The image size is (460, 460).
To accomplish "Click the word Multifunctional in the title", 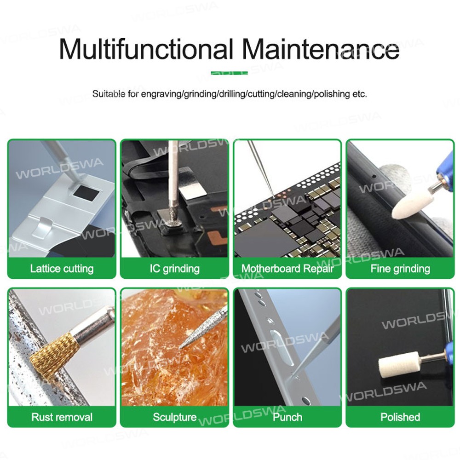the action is [146, 49].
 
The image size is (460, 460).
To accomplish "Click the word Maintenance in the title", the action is [321, 49].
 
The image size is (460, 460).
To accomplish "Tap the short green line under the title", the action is [229, 73].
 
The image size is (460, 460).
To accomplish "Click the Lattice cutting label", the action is [62, 269].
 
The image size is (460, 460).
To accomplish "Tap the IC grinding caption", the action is [174, 269].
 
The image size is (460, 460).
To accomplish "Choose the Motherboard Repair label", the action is [287, 269].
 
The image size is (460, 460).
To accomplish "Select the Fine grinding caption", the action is [400, 269].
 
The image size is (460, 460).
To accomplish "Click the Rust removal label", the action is [62, 417].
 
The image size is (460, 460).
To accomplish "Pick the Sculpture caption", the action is [174, 417].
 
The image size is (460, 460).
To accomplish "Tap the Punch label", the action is [287, 417].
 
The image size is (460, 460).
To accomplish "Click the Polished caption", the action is [400, 417].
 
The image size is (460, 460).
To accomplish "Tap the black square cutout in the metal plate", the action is [86, 193].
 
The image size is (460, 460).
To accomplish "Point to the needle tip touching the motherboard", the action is [273, 195].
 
